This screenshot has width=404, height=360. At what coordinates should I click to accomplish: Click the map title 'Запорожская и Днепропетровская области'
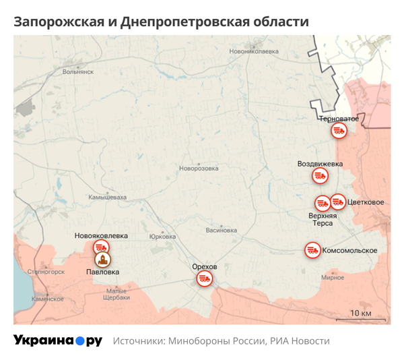(x=161, y=22)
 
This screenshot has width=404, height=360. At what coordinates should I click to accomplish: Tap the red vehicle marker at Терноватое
(x=339, y=131)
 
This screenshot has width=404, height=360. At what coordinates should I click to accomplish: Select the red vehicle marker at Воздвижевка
(x=321, y=175)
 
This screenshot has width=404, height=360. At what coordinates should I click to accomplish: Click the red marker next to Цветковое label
(x=338, y=201)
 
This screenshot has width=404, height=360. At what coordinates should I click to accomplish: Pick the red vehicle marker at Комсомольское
(x=312, y=249)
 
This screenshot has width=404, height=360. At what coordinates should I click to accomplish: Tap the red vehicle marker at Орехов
(x=204, y=278)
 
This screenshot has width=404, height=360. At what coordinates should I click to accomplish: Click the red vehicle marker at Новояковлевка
(x=101, y=247)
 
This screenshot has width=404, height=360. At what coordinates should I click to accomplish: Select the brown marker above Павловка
(x=102, y=259)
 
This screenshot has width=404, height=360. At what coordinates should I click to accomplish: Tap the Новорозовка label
(x=199, y=169)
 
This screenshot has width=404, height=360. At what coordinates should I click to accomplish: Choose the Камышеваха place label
(x=107, y=197)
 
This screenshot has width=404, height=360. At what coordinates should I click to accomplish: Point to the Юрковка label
(x=162, y=237)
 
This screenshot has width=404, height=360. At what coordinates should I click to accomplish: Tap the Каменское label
(x=47, y=298)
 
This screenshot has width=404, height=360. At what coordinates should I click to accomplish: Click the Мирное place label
(x=333, y=277)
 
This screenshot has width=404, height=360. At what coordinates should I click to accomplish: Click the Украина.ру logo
(x=57, y=340)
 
